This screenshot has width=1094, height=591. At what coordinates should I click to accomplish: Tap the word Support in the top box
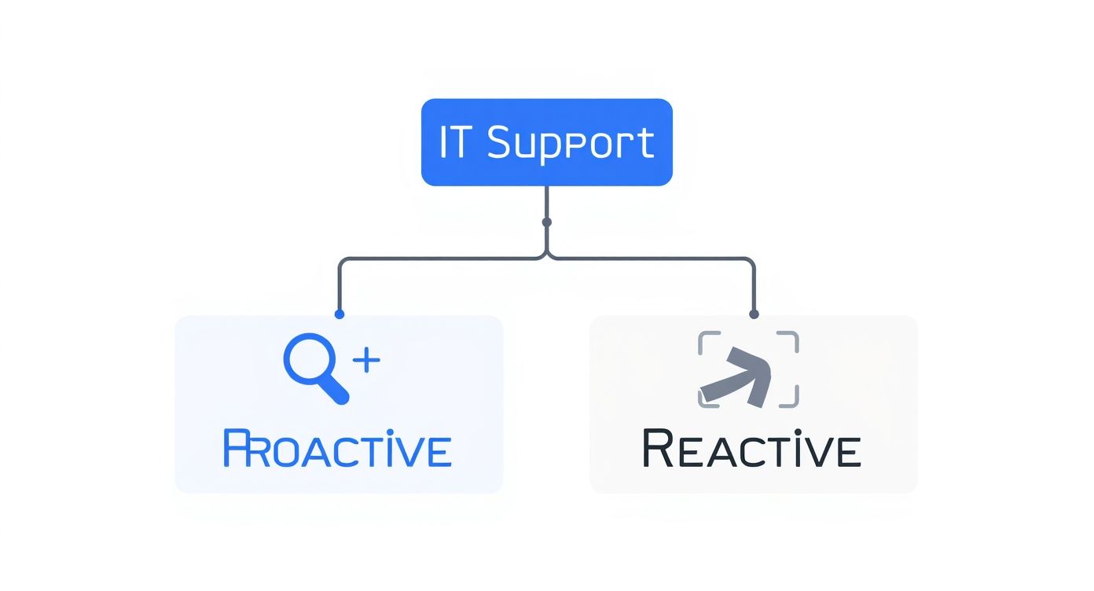571,144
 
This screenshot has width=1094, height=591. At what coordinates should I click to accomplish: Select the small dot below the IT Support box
546,222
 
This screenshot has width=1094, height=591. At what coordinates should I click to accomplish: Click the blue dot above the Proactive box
340,314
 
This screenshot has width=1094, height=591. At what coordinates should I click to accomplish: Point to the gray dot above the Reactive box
754,314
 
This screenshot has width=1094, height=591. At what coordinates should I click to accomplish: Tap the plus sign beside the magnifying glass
366,361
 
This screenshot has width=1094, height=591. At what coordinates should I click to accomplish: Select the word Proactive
337,449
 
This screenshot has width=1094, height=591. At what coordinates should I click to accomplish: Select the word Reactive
751,449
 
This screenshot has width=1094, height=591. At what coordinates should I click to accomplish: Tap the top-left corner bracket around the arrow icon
707,340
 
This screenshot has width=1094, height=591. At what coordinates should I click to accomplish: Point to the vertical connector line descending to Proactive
340,287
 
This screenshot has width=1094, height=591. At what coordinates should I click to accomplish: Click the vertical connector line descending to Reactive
754,287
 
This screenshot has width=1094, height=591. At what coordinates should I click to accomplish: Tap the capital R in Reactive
657,449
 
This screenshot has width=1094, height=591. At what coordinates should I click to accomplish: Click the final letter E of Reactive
847,450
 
